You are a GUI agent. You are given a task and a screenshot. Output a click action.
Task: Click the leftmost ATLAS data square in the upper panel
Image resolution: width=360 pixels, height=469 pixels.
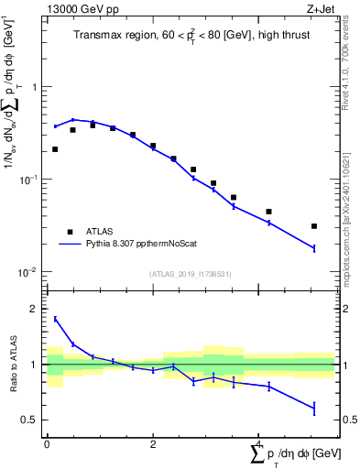[x=55, y=149]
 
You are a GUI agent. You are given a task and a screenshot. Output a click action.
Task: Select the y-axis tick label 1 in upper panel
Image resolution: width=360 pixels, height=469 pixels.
[x=36, y=88]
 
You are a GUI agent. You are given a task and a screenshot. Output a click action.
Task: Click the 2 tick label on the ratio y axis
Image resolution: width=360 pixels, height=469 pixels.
[x=35, y=310]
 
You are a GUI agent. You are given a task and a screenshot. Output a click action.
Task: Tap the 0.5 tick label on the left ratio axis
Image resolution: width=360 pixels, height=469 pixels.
[x=31, y=420]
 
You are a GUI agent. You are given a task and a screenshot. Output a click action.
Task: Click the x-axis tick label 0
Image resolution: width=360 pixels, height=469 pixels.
[x=47, y=444]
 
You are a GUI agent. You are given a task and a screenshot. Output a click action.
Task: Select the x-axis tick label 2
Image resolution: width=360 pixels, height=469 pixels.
[x=152, y=444]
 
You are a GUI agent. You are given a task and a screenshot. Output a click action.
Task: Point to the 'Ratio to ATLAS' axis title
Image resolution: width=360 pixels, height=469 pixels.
[x=13, y=365]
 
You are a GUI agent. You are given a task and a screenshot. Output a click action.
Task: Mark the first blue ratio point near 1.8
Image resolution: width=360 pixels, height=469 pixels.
[x=55, y=319]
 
